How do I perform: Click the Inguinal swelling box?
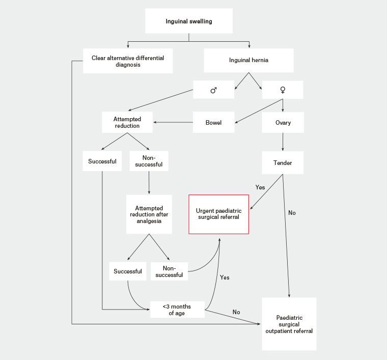pyautogui.click(x=189, y=21)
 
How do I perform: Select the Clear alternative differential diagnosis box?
pyautogui.click(x=127, y=61)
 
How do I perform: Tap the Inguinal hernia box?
pyautogui.click(x=249, y=61)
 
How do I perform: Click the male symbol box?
pyautogui.click(x=214, y=90)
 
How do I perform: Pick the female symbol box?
pyautogui.click(x=282, y=90)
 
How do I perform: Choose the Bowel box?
pyautogui.click(x=213, y=122)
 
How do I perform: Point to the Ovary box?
pyautogui.click(x=283, y=122)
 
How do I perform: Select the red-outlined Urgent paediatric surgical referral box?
pyautogui.click(x=219, y=214)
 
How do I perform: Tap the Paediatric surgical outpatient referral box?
pyautogui.click(x=289, y=324)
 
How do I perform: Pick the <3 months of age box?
pyautogui.click(x=177, y=309)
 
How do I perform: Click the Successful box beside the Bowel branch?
pyautogui.click(x=102, y=162)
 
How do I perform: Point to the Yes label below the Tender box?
pyautogui.click(x=260, y=187)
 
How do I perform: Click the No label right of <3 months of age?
pyautogui.click(x=236, y=312)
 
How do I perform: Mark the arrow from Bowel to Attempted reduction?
pyautogui.click(x=173, y=122)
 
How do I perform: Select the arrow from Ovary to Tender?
pyautogui.click(x=283, y=143)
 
